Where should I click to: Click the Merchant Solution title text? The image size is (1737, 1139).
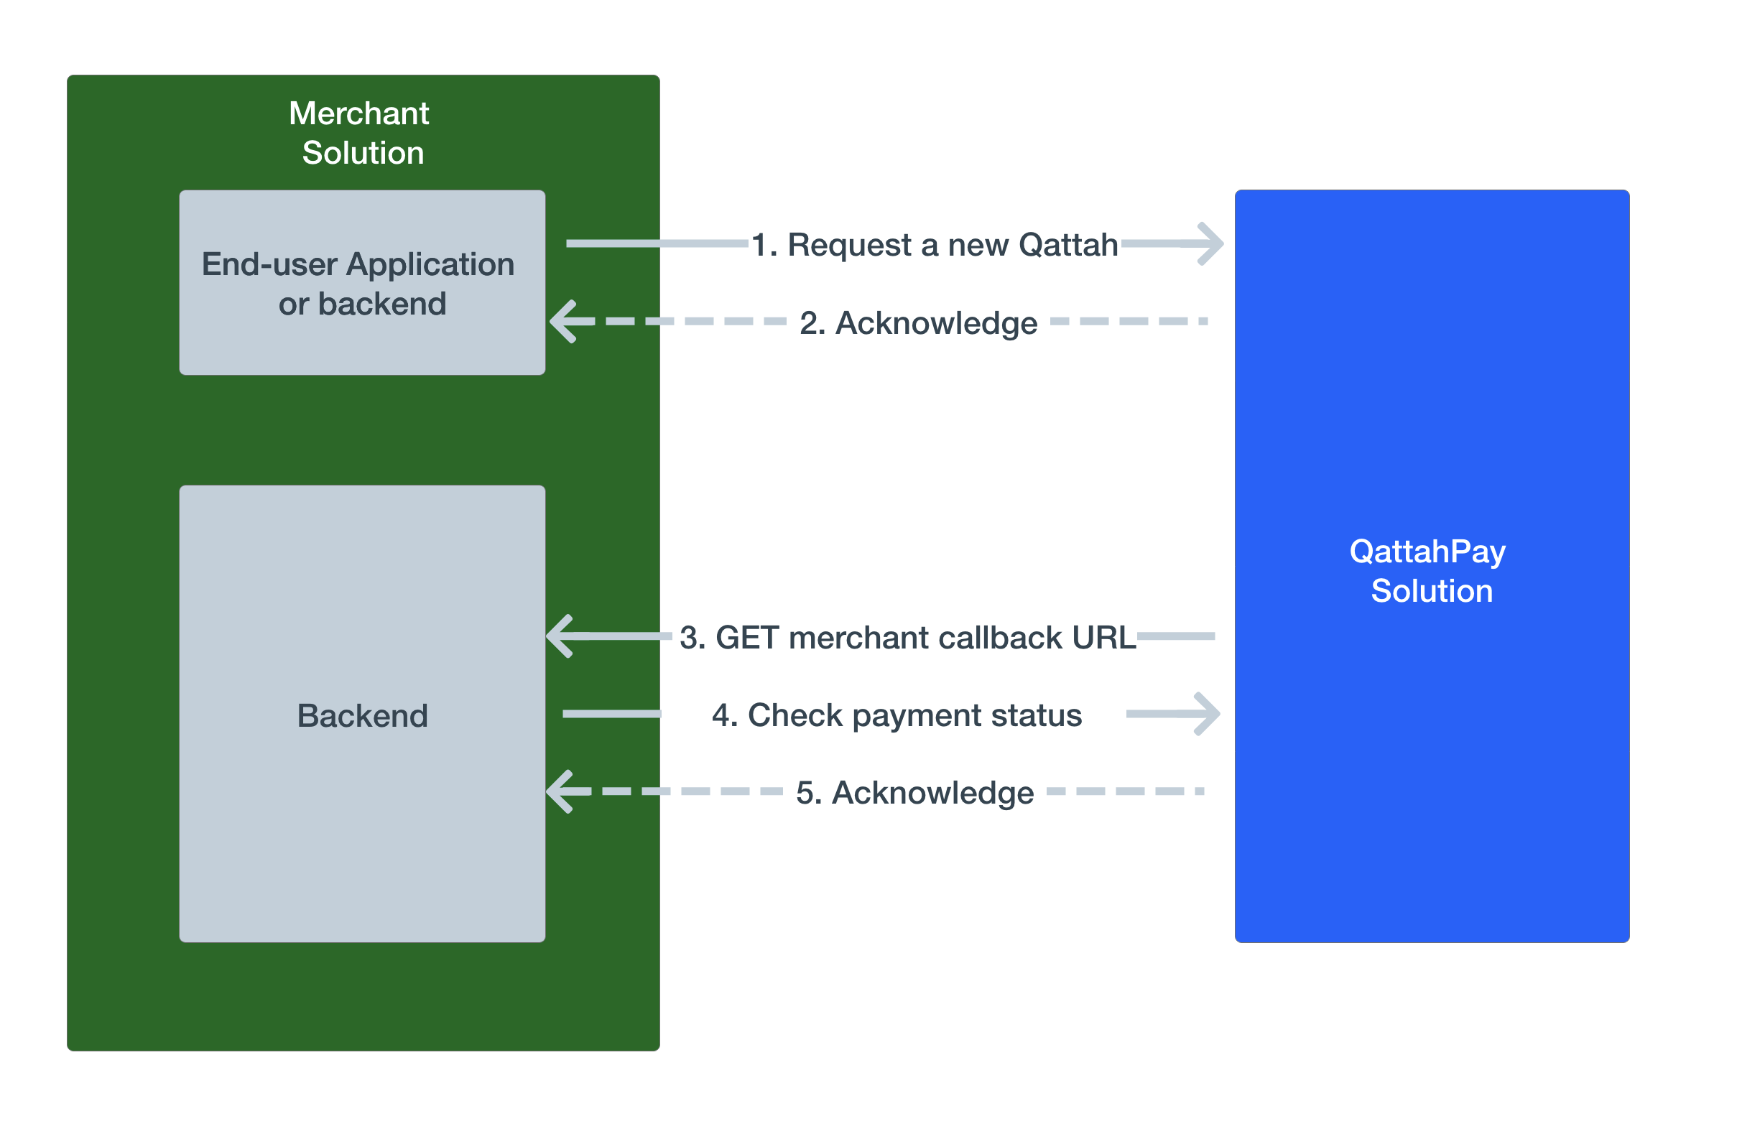coord(362,133)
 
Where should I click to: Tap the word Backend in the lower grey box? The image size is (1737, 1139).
coord(362,716)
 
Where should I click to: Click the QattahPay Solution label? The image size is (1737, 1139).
coord(1430,571)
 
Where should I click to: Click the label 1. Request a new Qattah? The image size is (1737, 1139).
coord(934,245)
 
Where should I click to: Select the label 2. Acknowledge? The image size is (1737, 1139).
coord(918,323)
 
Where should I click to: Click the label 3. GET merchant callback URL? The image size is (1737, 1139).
coord(907,638)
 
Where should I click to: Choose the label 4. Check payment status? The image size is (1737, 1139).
coord(897,715)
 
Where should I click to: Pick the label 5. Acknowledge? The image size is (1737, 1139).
coord(914,793)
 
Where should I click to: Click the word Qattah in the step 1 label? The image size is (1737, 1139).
coord(1067,245)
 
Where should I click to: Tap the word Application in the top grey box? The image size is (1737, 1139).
coord(430,264)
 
